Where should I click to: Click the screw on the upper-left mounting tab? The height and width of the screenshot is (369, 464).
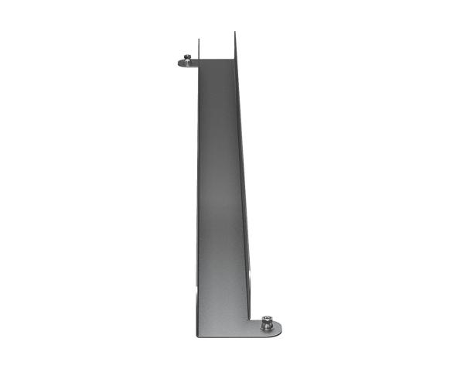187,60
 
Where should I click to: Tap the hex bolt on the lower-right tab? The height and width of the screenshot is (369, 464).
267,323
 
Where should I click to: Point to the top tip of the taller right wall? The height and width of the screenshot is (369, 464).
234,34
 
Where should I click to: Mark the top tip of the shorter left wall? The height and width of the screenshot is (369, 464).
198,39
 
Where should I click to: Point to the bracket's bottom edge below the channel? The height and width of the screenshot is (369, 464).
224,337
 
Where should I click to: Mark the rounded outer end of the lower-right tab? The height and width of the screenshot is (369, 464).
280,329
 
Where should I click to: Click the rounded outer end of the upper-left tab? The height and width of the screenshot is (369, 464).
179,63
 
